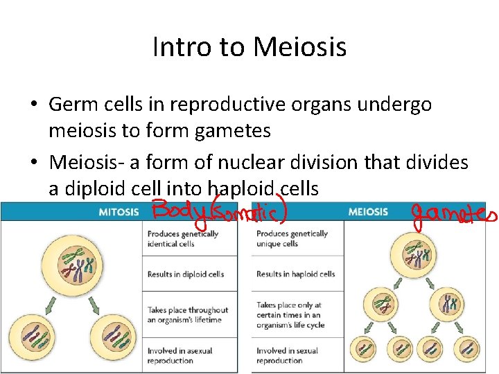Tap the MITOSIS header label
point(119,211)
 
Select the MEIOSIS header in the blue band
point(367,211)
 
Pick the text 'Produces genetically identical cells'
point(183,239)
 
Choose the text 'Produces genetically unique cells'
point(292,239)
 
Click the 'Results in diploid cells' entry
point(186,274)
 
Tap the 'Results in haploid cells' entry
point(295,274)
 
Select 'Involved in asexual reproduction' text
point(180,356)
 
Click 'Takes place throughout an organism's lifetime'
point(188,315)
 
